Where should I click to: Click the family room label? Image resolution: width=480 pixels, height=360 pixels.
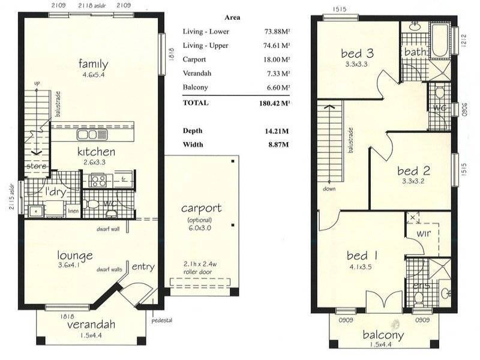point(92,64)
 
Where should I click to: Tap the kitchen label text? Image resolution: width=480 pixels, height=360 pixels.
point(96,152)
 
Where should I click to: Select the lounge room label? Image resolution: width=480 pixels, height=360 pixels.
point(75,255)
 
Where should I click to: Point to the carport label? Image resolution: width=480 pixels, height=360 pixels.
point(202,209)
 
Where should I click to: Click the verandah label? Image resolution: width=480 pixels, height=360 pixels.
point(91,325)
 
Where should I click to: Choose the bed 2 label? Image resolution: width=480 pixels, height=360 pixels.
point(413,170)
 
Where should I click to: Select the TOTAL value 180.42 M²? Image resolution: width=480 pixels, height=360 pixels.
point(273,103)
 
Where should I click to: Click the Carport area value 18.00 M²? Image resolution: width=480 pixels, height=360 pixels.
point(275,60)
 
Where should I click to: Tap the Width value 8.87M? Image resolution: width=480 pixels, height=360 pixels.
point(277,145)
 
